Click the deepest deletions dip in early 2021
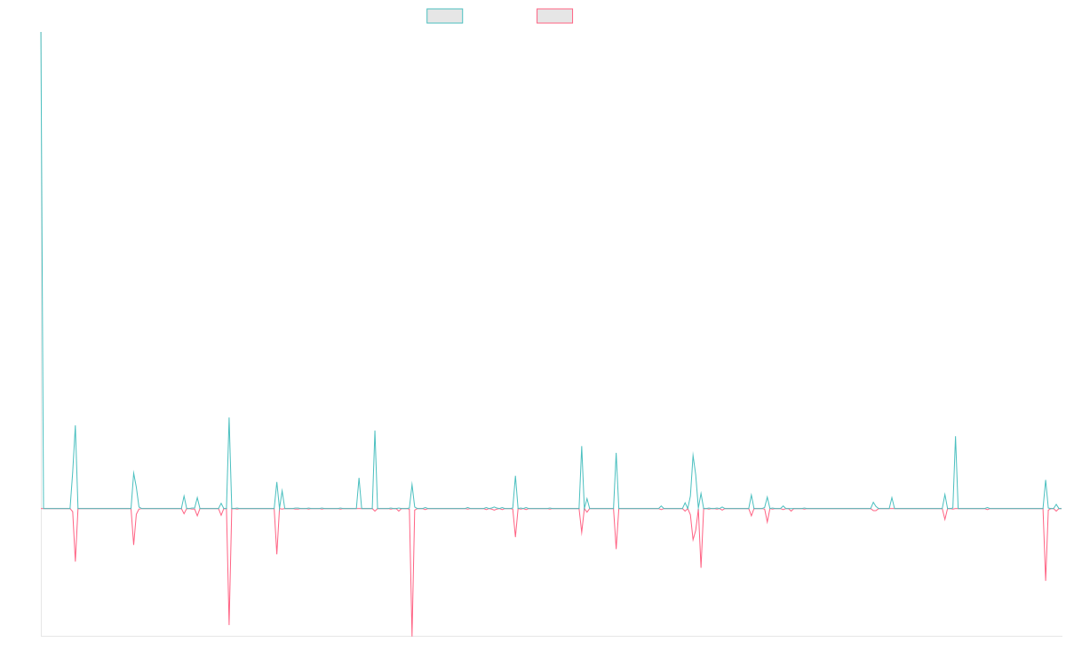coord(412,635)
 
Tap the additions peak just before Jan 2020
coord(229,418)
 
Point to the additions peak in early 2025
coord(955,437)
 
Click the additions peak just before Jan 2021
coord(375,431)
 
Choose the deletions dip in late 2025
coord(1046,581)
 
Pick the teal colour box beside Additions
coord(445,16)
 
